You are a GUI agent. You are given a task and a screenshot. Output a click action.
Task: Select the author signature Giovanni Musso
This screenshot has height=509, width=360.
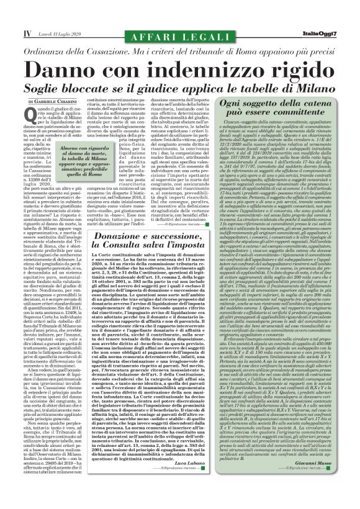(x=327, y=474)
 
